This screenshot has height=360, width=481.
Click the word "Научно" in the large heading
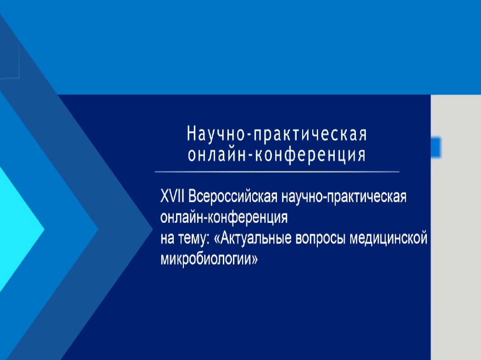[x=216, y=133]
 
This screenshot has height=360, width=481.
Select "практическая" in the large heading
[x=310, y=135]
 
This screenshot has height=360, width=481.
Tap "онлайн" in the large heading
[x=217, y=155]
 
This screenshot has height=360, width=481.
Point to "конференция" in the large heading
[x=310, y=155]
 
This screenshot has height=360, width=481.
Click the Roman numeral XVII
[x=172, y=196]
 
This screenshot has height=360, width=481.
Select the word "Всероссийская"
[x=233, y=196]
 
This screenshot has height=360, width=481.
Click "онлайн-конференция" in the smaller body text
[x=224, y=217]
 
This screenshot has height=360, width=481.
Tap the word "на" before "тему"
[x=167, y=239]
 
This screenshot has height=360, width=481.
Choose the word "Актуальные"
[x=253, y=238]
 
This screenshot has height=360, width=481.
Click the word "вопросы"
[x=321, y=239]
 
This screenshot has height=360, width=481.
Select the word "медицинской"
[x=388, y=238]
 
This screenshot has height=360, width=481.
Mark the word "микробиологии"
[x=206, y=259]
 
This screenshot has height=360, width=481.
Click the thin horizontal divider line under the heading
[x=276, y=172]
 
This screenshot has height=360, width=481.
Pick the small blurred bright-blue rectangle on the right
[x=436, y=148]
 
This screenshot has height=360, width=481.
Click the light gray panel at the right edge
[x=456, y=227]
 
